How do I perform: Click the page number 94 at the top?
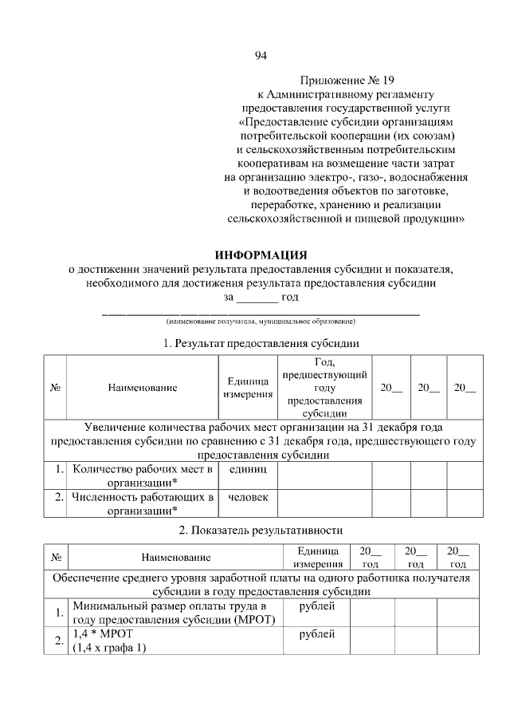(x=261, y=55)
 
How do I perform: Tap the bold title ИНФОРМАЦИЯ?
(x=261, y=255)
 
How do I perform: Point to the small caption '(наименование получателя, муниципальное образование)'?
(x=261, y=322)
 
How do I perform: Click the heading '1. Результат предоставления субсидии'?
(x=261, y=344)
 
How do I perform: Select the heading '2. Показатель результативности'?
(x=261, y=529)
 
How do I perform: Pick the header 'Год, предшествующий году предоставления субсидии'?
(x=324, y=388)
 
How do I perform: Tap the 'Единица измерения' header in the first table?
(x=247, y=388)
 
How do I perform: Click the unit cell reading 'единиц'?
(x=248, y=470)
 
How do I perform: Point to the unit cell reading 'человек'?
(x=248, y=498)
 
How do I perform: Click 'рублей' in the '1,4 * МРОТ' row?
(x=316, y=634)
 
